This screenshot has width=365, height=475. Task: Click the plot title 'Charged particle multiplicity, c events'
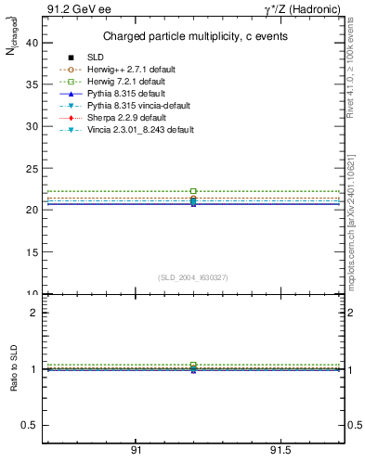[x=193, y=36]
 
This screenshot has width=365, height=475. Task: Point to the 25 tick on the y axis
[x=32, y=168]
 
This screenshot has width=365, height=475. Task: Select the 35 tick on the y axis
[x=32, y=84]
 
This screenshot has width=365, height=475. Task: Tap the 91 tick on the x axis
[x=136, y=450]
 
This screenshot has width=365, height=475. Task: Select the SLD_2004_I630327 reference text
[x=193, y=277]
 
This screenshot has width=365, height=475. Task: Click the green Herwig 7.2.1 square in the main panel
[x=193, y=191]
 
